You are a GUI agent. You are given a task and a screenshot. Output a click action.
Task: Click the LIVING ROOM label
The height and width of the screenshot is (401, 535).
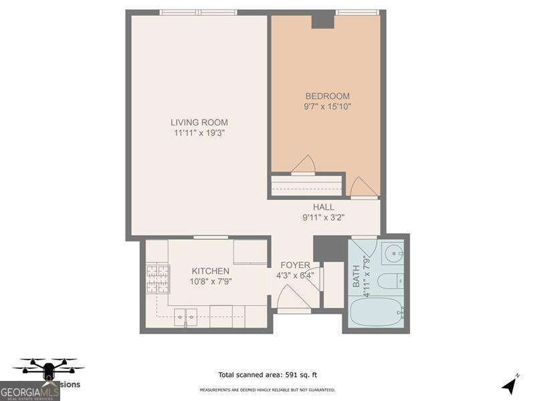click(199, 122)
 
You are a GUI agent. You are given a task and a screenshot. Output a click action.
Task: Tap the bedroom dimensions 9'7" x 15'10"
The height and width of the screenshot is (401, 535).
click(327, 106)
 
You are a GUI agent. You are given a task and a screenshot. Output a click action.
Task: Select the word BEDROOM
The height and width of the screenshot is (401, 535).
click(327, 96)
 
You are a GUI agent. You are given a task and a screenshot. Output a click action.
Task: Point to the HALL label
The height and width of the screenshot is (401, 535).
click(324, 207)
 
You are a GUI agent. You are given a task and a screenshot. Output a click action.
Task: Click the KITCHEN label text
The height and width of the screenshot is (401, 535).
click(211, 271)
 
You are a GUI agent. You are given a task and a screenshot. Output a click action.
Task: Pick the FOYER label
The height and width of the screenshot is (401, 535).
click(295, 265)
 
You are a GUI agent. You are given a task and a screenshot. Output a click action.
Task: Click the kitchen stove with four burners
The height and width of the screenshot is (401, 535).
click(158, 279)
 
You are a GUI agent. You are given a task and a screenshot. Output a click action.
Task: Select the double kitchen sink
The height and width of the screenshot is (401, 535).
click(185, 317)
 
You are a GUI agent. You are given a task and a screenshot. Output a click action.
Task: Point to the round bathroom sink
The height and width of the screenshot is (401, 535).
click(393, 253)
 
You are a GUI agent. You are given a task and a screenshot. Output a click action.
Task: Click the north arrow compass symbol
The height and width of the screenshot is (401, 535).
click(510, 385)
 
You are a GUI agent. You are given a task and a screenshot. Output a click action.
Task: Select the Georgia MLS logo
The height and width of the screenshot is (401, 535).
click(30, 391)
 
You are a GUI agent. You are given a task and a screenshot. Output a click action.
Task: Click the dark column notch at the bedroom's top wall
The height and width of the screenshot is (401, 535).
click(323, 21)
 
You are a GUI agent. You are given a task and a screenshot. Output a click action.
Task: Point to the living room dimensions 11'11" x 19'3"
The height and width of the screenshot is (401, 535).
click(199, 133)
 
